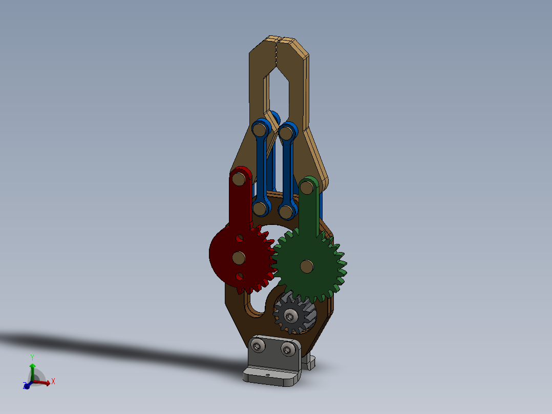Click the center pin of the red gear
[238, 257]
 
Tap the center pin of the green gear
[307, 266]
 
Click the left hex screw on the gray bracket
[258, 348]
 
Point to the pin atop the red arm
[238, 179]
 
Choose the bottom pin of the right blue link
[285, 211]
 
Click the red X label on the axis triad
[53, 381]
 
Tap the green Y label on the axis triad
[32, 357]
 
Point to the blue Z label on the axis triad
[25, 386]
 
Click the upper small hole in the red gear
[239, 239]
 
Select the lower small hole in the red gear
[240, 276]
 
